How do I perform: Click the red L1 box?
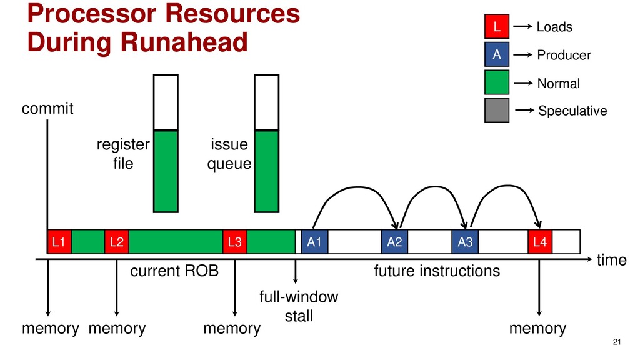click(x=59, y=242)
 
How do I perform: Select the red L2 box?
click(x=116, y=242)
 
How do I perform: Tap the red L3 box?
click(x=235, y=242)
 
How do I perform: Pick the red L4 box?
click(x=540, y=242)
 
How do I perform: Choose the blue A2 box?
click(x=394, y=242)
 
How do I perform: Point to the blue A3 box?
click(x=465, y=242)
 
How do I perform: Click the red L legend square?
click(x=497, y=27)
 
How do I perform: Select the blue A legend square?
click(x=497, y=55)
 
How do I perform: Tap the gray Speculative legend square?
click(x=497, y=110)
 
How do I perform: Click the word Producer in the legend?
click(x=564, y=56)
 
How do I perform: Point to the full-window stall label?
click(x=299, y=306)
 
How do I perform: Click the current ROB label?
click(x=174, y=271)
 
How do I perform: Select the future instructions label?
click(x=437, y=271)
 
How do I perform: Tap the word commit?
click(x=47, y=109)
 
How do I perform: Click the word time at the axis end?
click(x=611, y=261)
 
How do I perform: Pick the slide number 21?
click(x=617, y=341)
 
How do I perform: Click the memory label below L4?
click(x=537, y=329)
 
